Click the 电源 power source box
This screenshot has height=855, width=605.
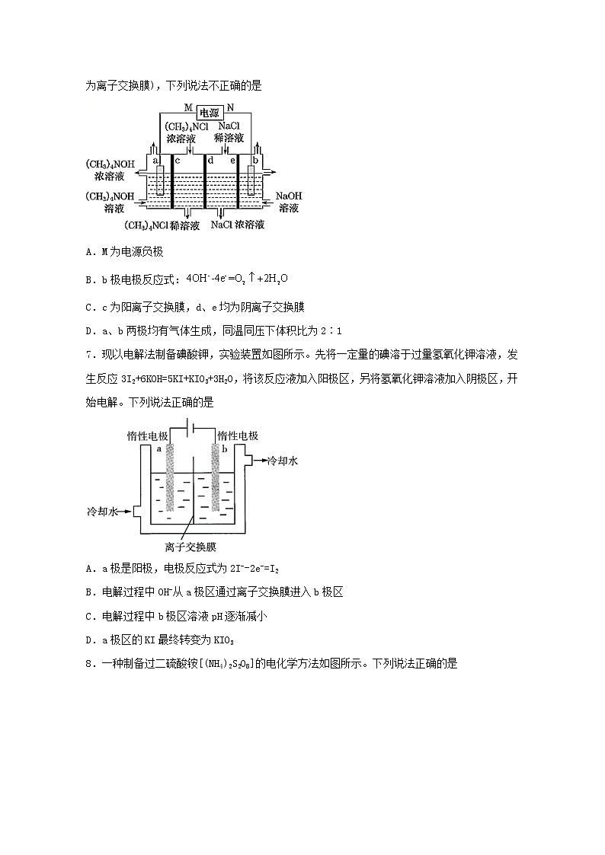210,110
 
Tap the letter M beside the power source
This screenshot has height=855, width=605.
187,108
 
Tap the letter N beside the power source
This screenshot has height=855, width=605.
232,108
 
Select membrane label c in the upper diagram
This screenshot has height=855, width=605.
178,161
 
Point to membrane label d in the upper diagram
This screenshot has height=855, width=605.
210,161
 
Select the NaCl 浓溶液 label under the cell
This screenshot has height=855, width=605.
238,225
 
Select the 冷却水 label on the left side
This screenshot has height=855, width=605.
104,513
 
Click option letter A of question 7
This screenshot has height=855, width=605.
90,568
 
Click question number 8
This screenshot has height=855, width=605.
90,663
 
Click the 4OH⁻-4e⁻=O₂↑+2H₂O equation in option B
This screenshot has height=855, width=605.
238,279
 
